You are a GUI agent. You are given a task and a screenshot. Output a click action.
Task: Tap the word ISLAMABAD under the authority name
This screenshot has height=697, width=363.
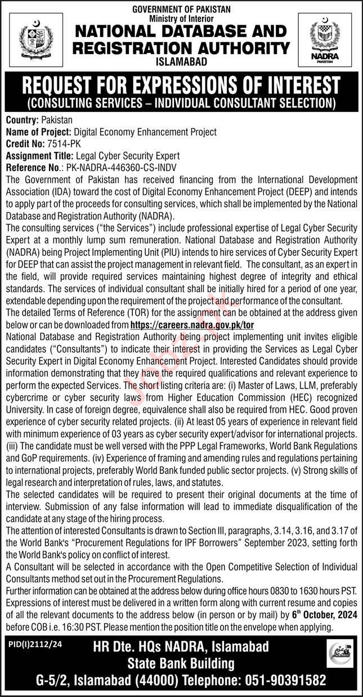(x=181, y=62)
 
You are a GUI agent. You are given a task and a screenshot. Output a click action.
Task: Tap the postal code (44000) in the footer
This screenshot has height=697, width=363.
(x=127, y=679)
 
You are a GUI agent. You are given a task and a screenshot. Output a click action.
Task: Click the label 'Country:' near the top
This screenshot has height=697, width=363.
(x=23, y=120)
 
